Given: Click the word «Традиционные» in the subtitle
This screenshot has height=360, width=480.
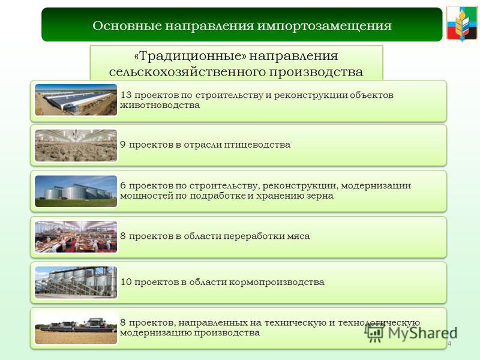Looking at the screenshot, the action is tap(190, 56).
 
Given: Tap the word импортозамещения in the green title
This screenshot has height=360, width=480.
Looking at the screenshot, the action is tap(324, 26).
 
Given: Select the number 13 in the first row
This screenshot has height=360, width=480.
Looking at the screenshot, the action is tap(126, 95).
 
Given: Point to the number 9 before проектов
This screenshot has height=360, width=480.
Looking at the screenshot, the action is tap(123, 145).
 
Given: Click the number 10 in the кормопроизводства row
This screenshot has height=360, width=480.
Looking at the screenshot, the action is tap(126, 282).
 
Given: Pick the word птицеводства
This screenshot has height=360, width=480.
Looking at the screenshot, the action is tap(257, 145).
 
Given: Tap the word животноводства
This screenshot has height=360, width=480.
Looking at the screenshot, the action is tap(160, 106).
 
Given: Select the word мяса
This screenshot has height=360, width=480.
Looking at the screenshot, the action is tap(298, 236).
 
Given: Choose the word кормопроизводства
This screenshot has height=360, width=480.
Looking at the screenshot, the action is tap(277, 282).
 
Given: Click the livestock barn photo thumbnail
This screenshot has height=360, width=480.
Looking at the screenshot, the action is tap(76, 100).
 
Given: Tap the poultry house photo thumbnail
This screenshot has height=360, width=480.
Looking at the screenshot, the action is tap(76, 145).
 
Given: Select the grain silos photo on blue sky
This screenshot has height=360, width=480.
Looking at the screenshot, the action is tap(76, 191).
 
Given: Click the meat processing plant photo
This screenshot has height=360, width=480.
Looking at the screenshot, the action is tap(76, 236).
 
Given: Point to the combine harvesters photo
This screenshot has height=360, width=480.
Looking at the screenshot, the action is tap(76, 328).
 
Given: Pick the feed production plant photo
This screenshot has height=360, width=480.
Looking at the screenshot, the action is tap(76, 282).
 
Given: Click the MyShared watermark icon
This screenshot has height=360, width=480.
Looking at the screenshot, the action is tap(374, 332).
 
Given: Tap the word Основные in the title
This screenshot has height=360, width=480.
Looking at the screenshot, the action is tap(127, 26).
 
